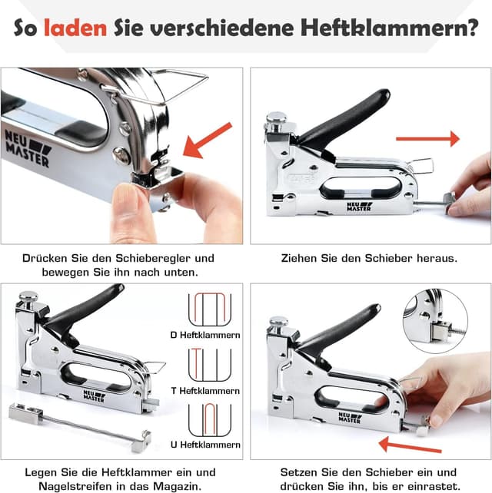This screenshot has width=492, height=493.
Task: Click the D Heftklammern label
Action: pos(205,334)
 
